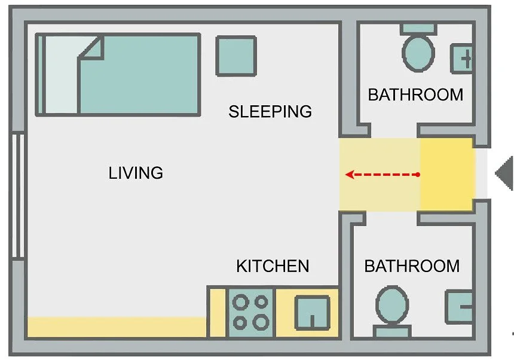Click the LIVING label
[136, 173]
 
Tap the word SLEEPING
[270, 111]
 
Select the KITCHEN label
[273, 266]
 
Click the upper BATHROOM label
[415, 94]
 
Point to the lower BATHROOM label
[412, 266]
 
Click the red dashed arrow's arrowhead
[350, 175]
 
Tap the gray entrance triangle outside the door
[504, 173]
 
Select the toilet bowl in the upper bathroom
[418, 53]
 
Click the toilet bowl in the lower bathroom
[392, 305]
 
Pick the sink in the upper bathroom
[461, 59]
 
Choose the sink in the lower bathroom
[459, 307]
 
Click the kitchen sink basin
[313, 313]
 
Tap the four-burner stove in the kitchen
[251, 313]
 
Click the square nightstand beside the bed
[236, 56]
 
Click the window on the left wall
[18, 195]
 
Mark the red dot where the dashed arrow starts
[418, 175]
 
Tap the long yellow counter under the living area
[117, 327]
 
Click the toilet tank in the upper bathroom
[418, 29]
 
